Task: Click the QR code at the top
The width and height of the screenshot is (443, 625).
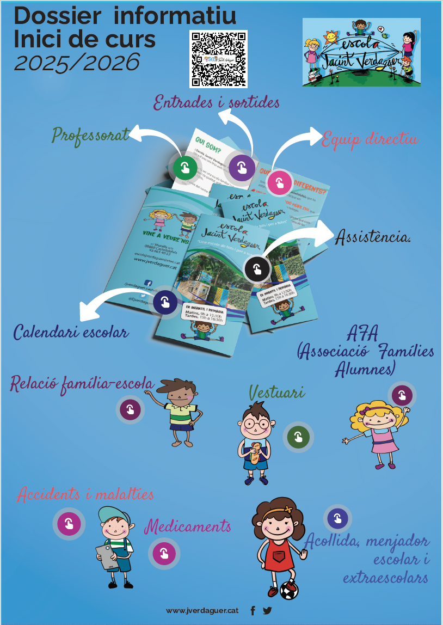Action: pyautogui.click(x=218, y=59)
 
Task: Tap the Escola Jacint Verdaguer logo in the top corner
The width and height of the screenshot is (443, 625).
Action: pyautogui.click(x=361, y=52)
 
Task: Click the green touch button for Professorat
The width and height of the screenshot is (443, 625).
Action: pyautogui.click(x=185, y=167)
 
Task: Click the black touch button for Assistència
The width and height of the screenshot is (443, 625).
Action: pyautogui.click(x=257, y=268)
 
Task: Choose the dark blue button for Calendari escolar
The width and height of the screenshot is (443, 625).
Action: pyautogui.click(x=165, y=302)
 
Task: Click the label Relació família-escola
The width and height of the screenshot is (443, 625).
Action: pyautogui.click(x=82, y=383)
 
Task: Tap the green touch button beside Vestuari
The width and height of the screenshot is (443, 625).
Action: pyautogui.click(x=298, y=436)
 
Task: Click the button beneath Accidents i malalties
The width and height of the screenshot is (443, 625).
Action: pyautogui.click(x=69, y=524)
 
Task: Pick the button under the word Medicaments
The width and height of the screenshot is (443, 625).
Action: pyautogui.click(x=164, y=554)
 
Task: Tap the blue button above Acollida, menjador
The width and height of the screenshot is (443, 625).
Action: pyautogui.click(x=337, y=518)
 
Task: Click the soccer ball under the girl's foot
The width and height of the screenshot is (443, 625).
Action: pyautogui.click(x=289, y=590)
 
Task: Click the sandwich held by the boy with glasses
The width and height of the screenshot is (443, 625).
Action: pyautogui.click(x=255, y=453)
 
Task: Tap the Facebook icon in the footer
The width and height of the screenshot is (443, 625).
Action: pyautogui.click(x=253, y=611)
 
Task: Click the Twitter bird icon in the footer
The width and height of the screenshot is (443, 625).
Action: pyautogui.click(x=267, y=611)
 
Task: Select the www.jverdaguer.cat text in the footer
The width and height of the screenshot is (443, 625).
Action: pyautogui.click(x=202, y=611)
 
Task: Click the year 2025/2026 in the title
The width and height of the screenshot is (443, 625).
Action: pyautogui.click(x=77, y=63)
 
